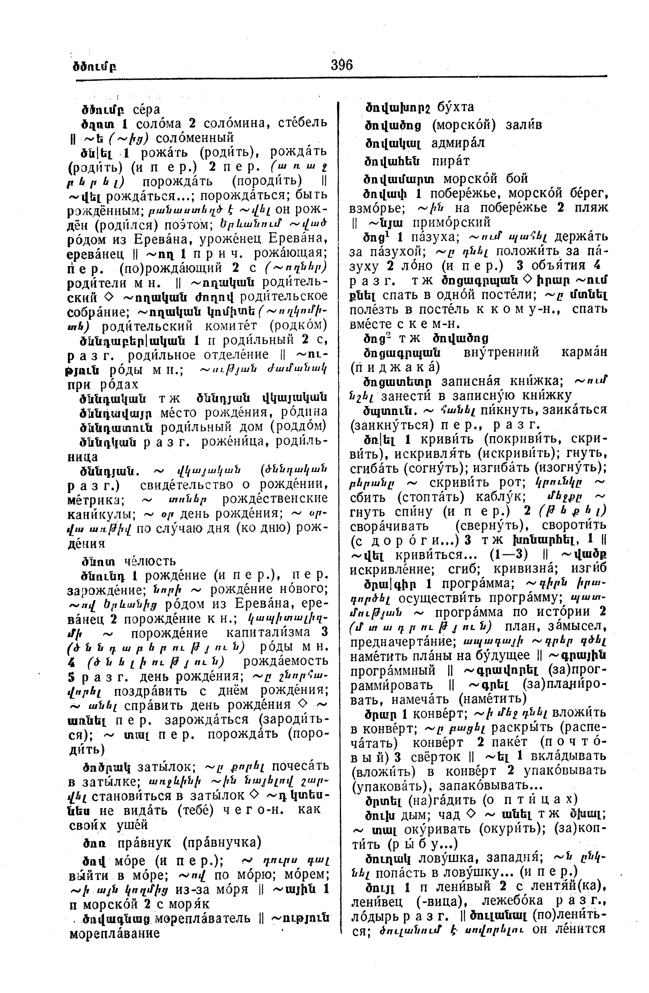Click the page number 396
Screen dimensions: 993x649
tap(341, 65)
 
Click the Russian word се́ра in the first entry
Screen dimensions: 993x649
tap(147, 110)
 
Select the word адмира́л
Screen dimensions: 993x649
tap(458, 143)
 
